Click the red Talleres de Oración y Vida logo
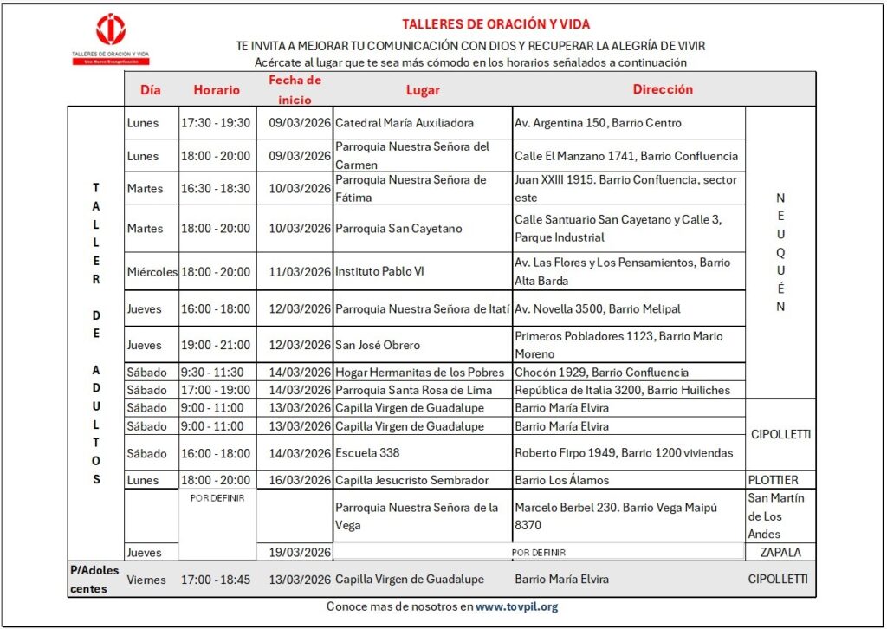(x=111, y=30)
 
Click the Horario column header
(x=217, y=89)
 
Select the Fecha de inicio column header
(x=295, y=89)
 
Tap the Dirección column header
(x=663, y=89)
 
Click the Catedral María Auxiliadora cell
(x=405, y=123)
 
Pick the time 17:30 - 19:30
(x=216, y=123)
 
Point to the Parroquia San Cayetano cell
(x=398, y=229)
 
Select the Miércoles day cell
(x=152, y=271)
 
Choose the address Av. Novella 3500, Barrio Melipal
(x=598, y=309)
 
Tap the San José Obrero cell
(x=378, y=345)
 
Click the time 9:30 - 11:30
(x=212, y=373)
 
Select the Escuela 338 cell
(x=367, y=452)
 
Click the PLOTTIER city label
(x=773, y=480)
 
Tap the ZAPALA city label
(x=780, y=552)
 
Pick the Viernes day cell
(x=146, y=579)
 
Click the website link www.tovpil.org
(x=517, y=607)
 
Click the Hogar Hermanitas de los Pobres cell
(x=419, y=373)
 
